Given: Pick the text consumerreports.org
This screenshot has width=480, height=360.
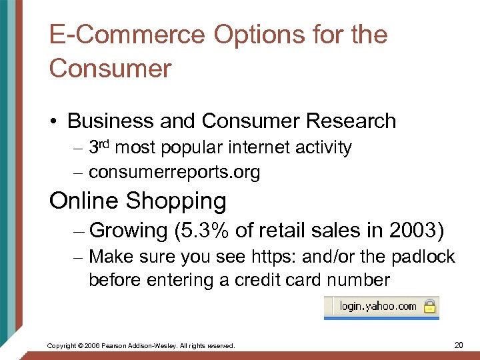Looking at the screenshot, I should click(x=174, y=173).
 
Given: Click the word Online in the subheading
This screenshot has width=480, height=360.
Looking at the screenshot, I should click(x=84, y=201).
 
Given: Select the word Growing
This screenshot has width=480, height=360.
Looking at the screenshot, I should click(x=127, y=230).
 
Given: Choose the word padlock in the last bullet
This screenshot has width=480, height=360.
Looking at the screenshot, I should click(x=425, y=257).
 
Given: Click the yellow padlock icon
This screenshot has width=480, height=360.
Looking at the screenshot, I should click(x=430, y=307).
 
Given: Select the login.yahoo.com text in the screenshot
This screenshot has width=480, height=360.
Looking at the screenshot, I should click(x=378, y=307).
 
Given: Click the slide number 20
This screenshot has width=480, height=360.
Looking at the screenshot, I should click(x=459, y=345).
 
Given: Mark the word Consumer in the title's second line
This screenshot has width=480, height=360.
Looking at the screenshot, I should click(x=110, y=68).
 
